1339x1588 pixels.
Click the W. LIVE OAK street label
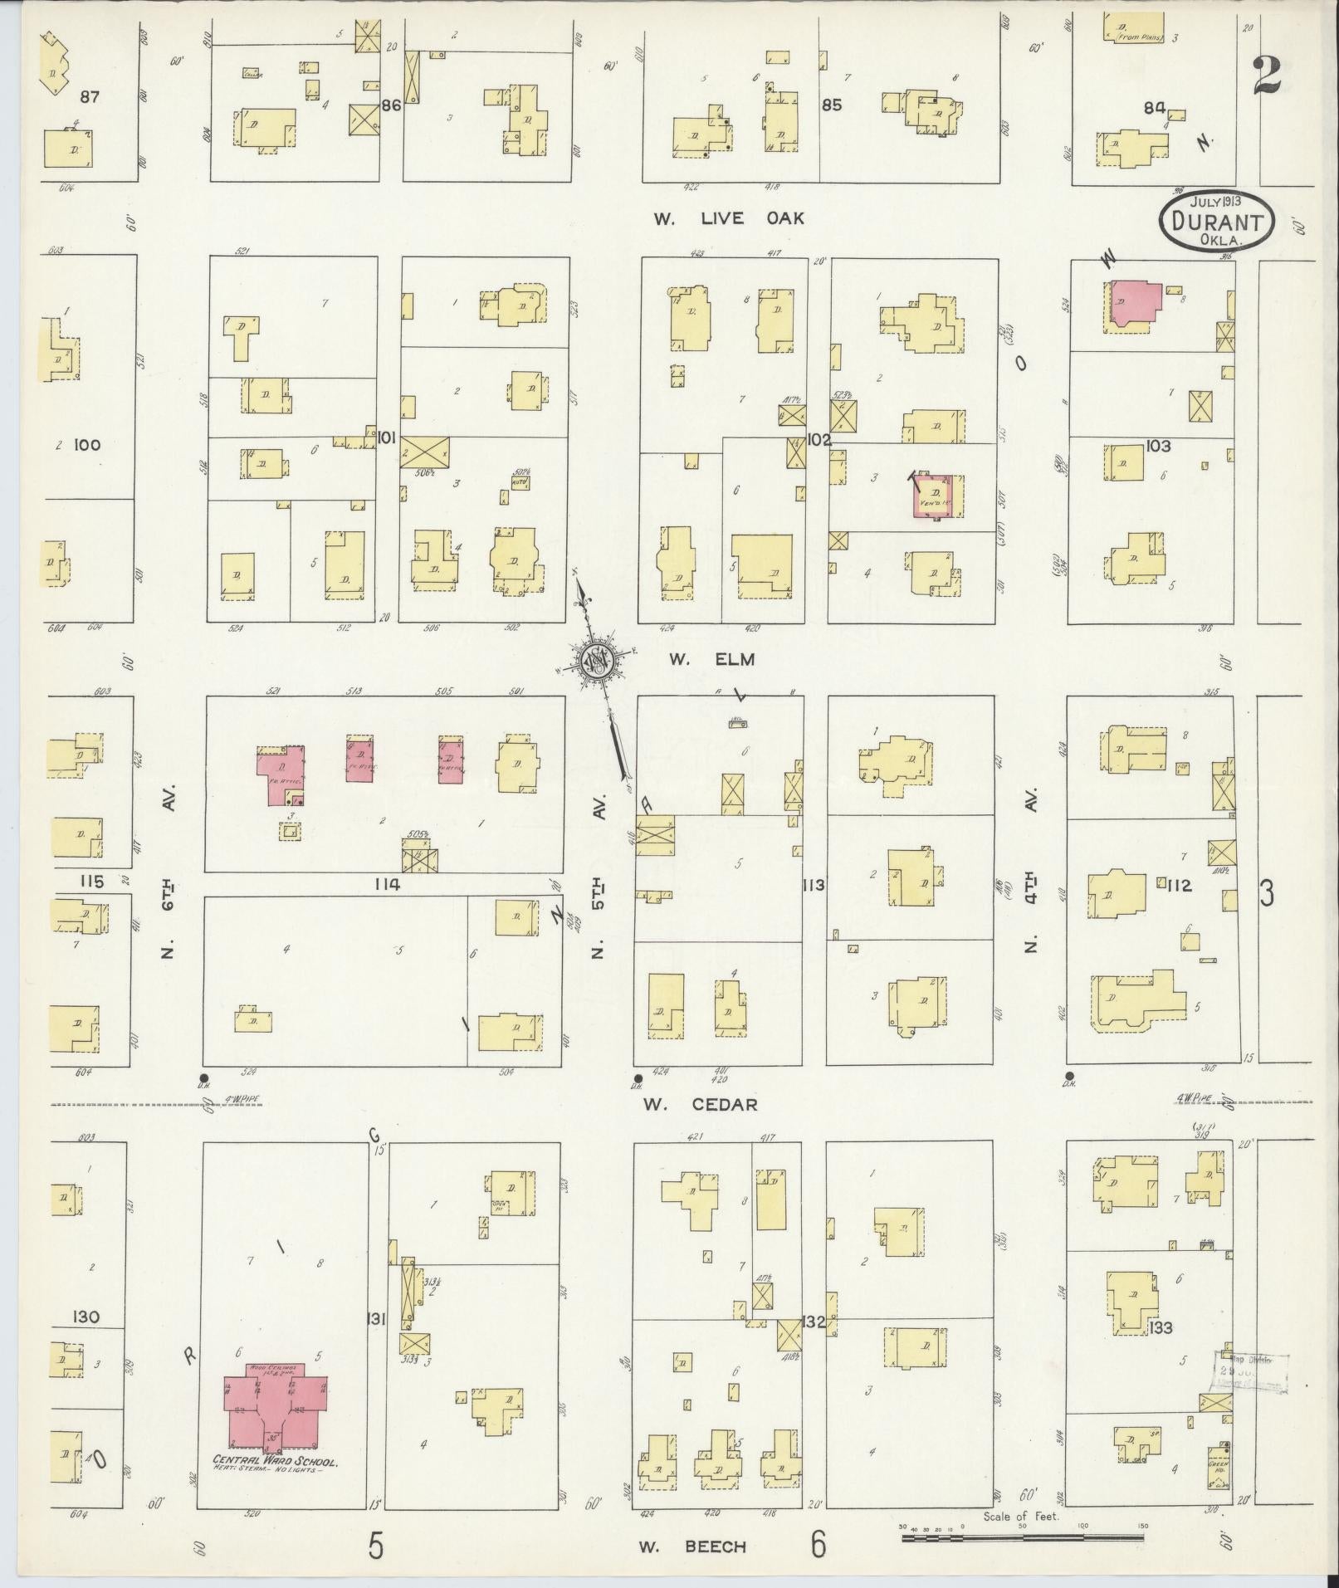(729, 218)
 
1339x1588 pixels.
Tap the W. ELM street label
(712, 659)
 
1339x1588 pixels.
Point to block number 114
(387, 884)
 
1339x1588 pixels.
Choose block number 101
(386, 437)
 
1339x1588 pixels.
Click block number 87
(90, 97)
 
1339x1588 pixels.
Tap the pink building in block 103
(1135, 303)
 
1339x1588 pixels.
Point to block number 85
(831, 105)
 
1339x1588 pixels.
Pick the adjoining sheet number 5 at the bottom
(376, 1545)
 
